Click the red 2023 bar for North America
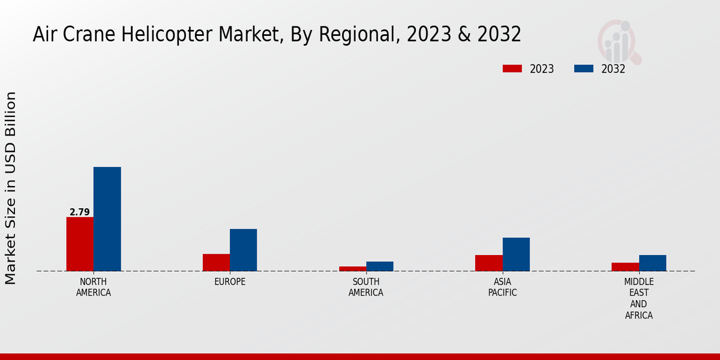point(80,244)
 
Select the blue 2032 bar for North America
point(107,219)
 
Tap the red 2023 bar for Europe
point(216,262)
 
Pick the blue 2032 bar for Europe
point(243,250)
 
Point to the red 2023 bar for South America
point(352,269)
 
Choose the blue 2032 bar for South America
point(380,266)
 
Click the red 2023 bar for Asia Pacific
point(489,263)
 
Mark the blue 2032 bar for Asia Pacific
point(516,254)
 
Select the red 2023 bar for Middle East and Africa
point(625,267)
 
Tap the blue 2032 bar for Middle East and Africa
point(652,263)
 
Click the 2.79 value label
point(80,212)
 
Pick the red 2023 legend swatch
point(512,68)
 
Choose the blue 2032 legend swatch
point(583,68)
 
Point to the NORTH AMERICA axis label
point(94,287)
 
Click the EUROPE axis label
point(230,282)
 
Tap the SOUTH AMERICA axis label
point(366,287)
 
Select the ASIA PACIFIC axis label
point(503,287)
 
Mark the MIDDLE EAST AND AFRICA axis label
point(639,298)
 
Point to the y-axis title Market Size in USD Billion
point(11,188)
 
